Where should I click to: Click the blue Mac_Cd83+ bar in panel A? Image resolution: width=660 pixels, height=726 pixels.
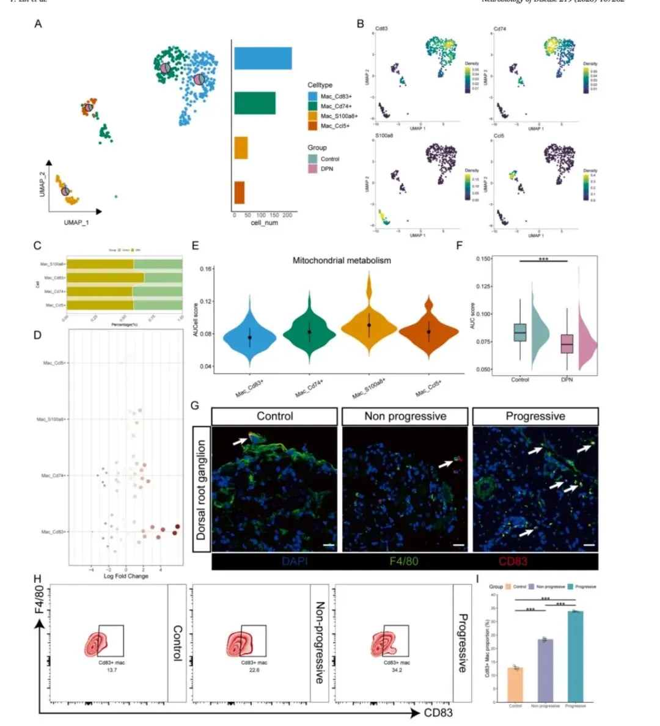pos(263,59)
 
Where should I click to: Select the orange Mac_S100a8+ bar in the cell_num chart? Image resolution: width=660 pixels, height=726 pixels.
pos(241,148)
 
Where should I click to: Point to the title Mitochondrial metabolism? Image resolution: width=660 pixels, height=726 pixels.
pos(342,260)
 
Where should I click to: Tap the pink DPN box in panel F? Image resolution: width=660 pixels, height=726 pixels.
pos(567,343)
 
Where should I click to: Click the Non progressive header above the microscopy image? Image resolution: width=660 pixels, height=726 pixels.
pos(405,417)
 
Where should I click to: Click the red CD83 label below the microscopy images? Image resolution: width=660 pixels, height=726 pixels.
pos(514,561)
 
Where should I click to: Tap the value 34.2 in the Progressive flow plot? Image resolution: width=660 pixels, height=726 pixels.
pos(397,670)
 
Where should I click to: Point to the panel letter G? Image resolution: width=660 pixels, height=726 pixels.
pos(195,405)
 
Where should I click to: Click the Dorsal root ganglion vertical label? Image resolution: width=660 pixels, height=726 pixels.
pos(201,490)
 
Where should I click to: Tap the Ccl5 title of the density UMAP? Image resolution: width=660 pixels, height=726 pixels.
pos(498,136)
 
